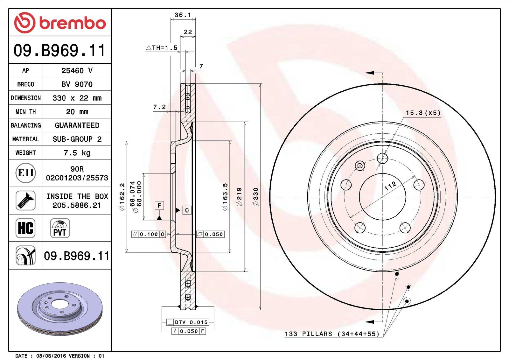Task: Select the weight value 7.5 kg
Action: click(x=77, y=153)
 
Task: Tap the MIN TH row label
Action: click(x=26, y=112)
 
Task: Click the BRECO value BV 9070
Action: click(x=77, y=84)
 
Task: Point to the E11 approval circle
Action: click(x=26, y=173)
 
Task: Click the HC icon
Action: click(x=25, y=228)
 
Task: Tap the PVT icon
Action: click(x=60, y=228)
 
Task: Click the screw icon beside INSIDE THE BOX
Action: click(x=25, y=201)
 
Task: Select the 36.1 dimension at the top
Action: click(x=183, y=15)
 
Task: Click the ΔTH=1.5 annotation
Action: click(x=161, y=48)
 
